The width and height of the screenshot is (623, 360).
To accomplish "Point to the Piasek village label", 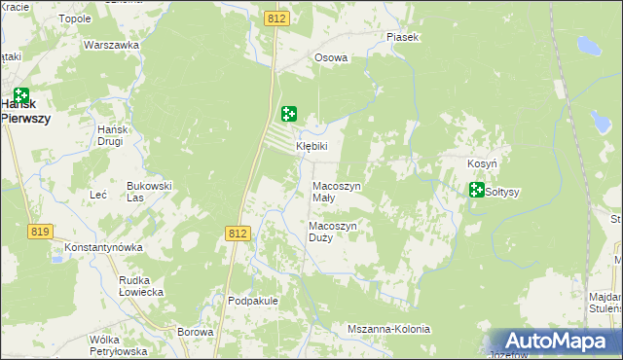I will pos(401,37).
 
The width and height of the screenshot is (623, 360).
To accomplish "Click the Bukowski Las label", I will pos(149,190).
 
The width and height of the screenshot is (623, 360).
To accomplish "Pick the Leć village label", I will pos(98,195).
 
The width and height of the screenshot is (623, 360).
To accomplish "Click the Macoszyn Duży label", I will pos(333,232).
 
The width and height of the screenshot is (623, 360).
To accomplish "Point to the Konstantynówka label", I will pos(104,247).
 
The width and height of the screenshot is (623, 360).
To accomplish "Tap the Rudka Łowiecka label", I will pos(139,285).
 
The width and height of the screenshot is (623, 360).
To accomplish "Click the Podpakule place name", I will pos(253,301).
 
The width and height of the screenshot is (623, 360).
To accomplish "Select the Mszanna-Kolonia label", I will pos(388,329).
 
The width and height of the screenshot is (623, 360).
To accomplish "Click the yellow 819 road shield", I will pos(40,231).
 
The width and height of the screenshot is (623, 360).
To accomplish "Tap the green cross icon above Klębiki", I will pos(289,114).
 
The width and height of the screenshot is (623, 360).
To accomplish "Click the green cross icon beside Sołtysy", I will pos(476,190).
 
